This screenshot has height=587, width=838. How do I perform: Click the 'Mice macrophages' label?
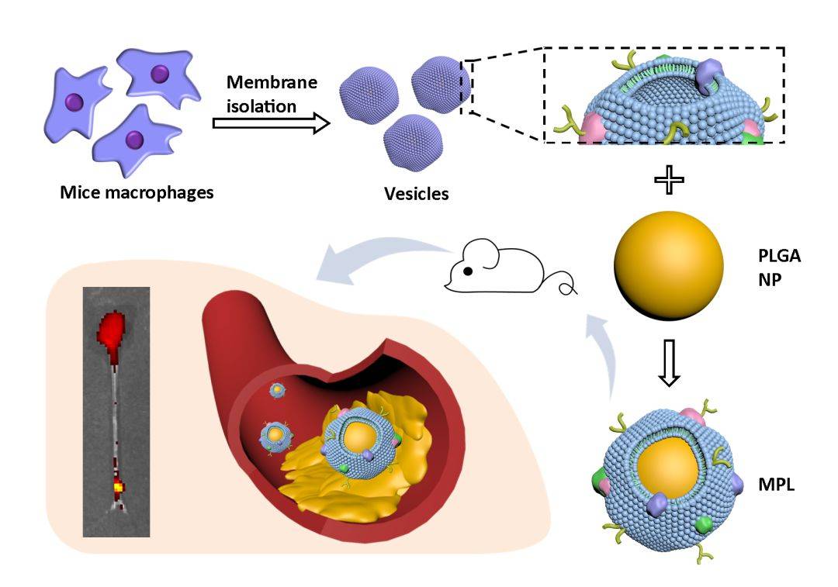pos(137,192)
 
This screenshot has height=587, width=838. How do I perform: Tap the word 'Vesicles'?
pos(417,193)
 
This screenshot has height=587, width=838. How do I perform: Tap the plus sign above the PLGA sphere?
pos(669,180)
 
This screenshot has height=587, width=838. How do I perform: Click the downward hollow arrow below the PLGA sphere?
pos(669,371)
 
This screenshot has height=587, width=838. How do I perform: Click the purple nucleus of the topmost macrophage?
pos(160,74)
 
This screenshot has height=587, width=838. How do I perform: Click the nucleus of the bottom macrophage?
pos(135,140)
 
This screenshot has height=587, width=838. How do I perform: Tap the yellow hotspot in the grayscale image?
pos(118,487)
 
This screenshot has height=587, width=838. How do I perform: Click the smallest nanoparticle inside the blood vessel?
pos(276,391)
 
